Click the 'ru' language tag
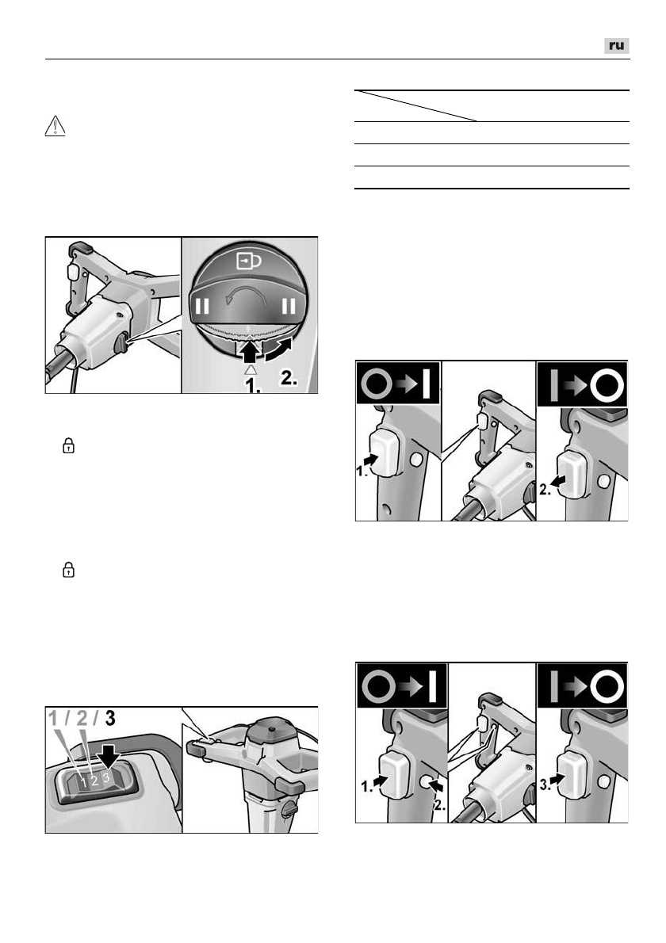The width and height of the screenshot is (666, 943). pyautogui.click(x=617, y=46)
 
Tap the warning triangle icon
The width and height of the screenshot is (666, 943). pyautogui.click(x=55, y=126)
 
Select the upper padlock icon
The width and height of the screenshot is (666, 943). pyautogui.click(x=69, y=445)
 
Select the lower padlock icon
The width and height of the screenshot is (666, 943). pyautogui.click(x=69, y=570)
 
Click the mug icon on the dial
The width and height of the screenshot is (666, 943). pyautogui.click(x=249, y=261)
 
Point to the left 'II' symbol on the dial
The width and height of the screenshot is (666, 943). pyautogui.click(x=203, y=306)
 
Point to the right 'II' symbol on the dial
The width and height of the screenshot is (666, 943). pyautogui.click(x=289, y=306)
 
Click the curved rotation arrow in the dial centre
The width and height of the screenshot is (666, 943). pyautogui.click(x=246, y=295)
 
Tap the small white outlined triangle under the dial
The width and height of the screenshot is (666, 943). pyautogui.click(x=251, y=370)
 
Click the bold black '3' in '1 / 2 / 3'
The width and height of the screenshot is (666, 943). pyautogui.click(x=110, y=718)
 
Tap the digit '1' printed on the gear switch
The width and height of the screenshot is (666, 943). pyautogui.click(x=84, y=783)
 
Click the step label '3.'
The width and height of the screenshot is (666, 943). pyautogui.click(x=545, y=785)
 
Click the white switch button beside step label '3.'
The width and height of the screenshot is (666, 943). pyautogui.click(x=572, y=775)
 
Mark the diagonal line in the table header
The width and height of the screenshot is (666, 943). pyautogui.click(x=415, y=106)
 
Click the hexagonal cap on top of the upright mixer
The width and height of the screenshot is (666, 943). pyautogui.click(x=271, y=730)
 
